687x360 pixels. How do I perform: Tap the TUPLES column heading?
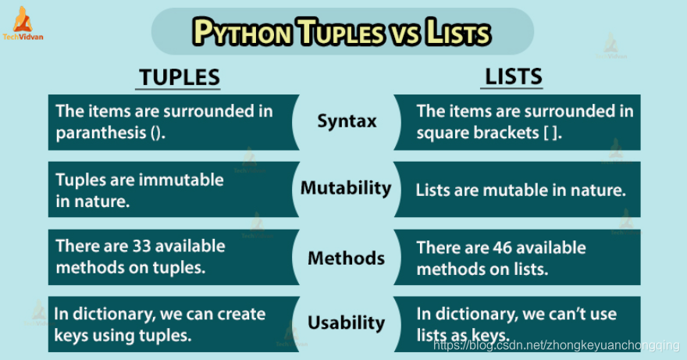click(x=179, y=77)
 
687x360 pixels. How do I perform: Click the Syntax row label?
click(x=347, y=121)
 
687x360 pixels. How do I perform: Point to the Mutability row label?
click(x=346, y=188)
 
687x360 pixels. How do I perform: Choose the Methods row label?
click(x=346, y=258)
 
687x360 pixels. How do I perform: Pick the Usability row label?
click(x=346, y=323)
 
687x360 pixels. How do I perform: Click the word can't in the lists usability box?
click(x=564, y=314)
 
